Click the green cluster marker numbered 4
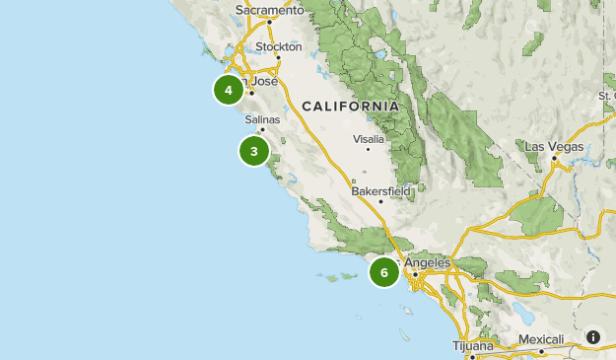[x=229, y=90]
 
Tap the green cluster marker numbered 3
[x=254, y=151]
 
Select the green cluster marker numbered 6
[x=384, y=272]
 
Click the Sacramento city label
[x=266, y=11]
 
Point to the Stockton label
[x=278, y=46]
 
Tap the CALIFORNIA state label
[x=351, y=106]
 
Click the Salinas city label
[x=262, y=119]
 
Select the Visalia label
[x=368, y=139]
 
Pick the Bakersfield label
[x=381, y=190]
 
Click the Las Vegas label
[x=554, y=146]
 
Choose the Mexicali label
[x=541, y=340]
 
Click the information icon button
[x=593, y=336]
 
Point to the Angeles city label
[x=427, y=263]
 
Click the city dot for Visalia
[x=369, y=150]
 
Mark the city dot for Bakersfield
[x=381, y=201]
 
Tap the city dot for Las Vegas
[x=555, y=158]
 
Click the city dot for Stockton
[x=278, y=56]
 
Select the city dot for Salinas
[x=262, y=129]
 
